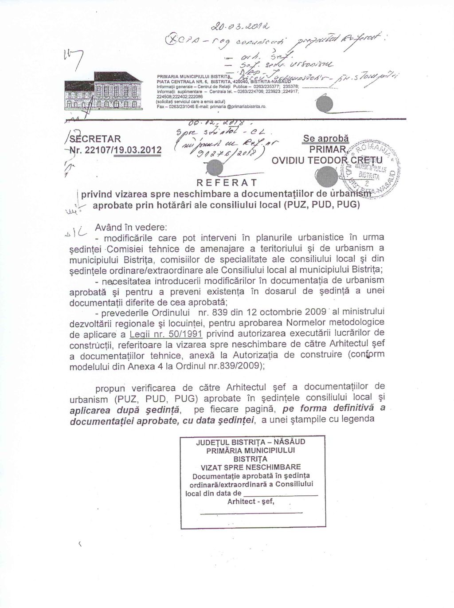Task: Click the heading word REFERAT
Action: (x=225, y=182)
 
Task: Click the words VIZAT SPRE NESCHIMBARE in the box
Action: (x=250, y=467)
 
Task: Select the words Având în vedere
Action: (x=131, y=227)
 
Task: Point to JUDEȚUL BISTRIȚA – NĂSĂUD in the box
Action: (x=251, y=442)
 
